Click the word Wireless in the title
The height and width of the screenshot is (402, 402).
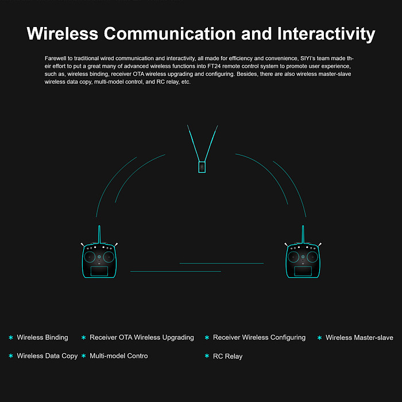pos(63,33)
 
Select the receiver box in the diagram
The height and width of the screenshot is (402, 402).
pos(202,167)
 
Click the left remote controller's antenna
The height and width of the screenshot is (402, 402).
pos(99,234)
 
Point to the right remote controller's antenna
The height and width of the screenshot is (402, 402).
pos(303,234)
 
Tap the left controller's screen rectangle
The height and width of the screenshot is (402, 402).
pos(99,271)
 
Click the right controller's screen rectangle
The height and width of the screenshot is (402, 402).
pos(303,271)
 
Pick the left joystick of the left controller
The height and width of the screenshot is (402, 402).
pos(90,257)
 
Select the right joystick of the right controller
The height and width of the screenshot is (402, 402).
pos(312,257)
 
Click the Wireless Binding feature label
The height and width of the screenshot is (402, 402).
pos(42,338)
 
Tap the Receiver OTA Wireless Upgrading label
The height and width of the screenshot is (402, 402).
pos(142,338)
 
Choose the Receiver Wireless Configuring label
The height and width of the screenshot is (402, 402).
pos(259,338)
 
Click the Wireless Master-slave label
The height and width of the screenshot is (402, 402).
pos(360,338)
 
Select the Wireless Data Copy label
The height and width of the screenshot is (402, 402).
pos(47,356)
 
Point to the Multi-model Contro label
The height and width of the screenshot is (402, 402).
pos(119,356)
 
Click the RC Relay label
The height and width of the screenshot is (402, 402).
pos(227,357)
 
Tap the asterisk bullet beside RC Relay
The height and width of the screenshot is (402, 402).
pos(207,356)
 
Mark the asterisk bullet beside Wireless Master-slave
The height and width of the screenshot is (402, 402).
pos(319,338)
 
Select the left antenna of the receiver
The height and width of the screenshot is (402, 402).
pos(194,144)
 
